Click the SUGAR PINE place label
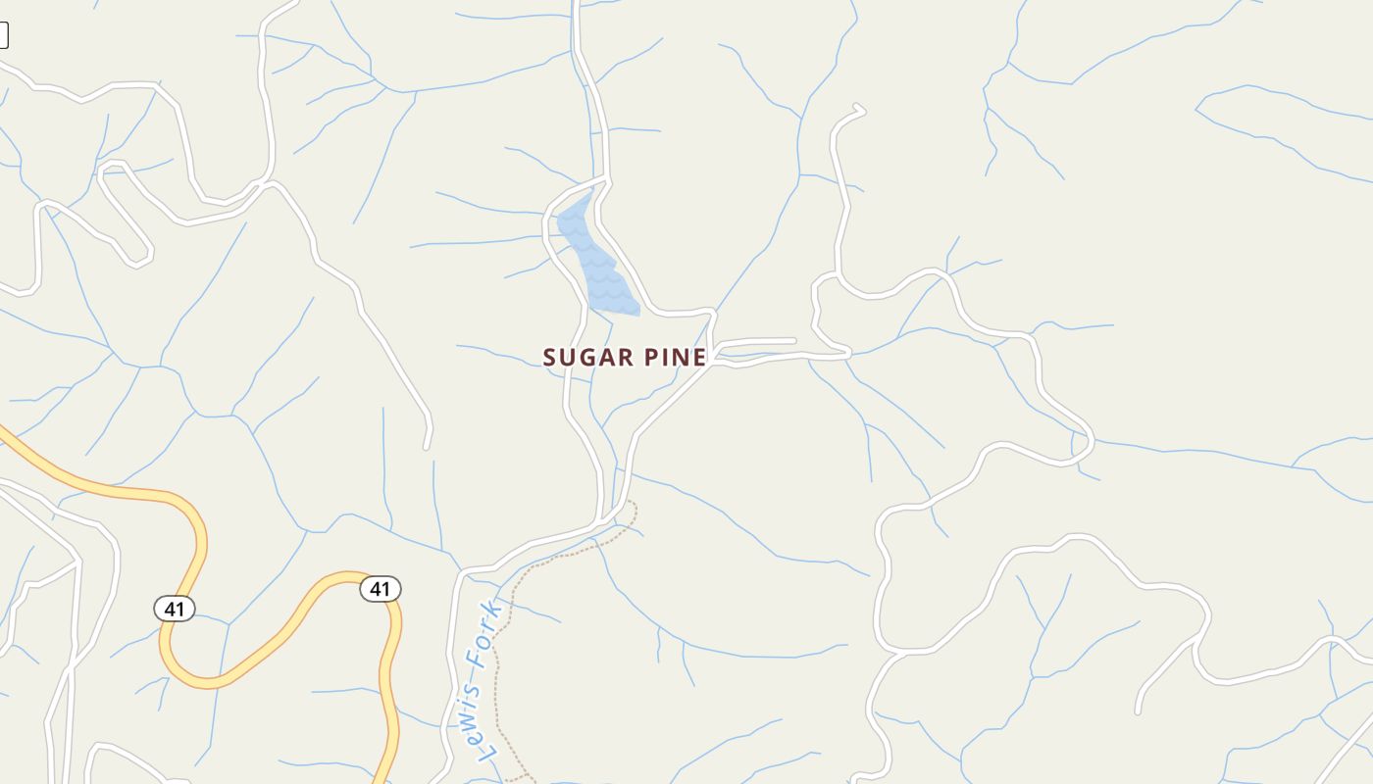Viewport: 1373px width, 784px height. click(x=625, y=358)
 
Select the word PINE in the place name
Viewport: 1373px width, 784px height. click(x=676, y=358)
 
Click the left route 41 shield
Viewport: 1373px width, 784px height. click(x=175, y=609)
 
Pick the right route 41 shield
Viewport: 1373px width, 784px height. click(x=381, y=589)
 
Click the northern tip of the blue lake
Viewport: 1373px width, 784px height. click(x=591, y=195)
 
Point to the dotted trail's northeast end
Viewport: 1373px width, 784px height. click(x=633, y=504)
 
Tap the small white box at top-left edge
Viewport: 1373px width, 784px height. click(x=3, y=35)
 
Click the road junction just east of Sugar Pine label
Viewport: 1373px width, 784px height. click(x=716, y=356)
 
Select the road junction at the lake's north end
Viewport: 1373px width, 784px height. click(x=605, y=181)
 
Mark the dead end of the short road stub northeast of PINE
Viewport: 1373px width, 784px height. click(x=793, y=341)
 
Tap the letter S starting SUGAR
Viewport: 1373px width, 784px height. click(x=550, y=358)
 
